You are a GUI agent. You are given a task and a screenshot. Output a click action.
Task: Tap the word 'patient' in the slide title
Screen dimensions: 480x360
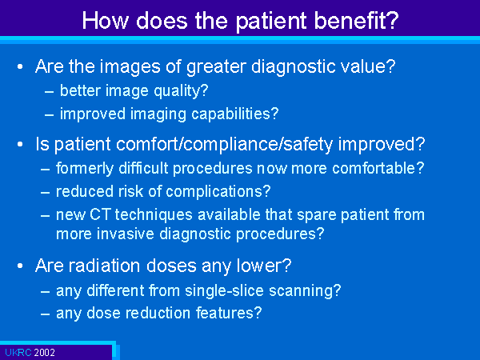pyautogui.click(x=271, y=22)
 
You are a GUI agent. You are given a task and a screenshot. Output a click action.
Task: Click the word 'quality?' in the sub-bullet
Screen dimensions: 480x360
pyautogui.click(x=181, y=91)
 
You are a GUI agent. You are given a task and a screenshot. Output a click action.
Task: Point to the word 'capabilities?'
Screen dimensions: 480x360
pyautogui.click(x=234, y=114)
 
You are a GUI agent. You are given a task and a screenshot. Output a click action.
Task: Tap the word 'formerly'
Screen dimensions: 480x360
pyautogui.click(x=85, y=169)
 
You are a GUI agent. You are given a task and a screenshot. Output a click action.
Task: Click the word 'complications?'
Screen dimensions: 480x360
pyautogui.click(x=218, y=192)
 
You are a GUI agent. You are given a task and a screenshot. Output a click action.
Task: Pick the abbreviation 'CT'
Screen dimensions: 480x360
pyautogui.click(x=100, y=214)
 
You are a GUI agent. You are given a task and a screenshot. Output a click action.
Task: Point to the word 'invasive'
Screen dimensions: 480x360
pyautogui.click(x=126, y=234)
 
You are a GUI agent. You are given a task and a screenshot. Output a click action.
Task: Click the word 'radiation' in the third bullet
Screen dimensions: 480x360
pyautogui.click(x=104, y=266)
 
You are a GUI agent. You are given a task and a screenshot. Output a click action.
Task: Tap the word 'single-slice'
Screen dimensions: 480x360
pyautogui.click(x=224, y=290)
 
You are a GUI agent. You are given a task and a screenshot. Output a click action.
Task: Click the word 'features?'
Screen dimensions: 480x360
pyautogui.click(x=229, y=313)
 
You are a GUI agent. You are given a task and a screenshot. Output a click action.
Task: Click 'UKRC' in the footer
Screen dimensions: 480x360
pyautogui.click(x=18, y=353)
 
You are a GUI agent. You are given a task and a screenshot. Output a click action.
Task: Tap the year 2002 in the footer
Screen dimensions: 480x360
pyautogui.click(x=44, y=353)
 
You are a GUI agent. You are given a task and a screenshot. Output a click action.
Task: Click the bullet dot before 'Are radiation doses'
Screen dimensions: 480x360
pyautogui.click(x=20, y=266)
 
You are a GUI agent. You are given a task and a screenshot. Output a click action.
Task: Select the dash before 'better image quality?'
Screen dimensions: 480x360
pyautogui.click(x=49, y=92)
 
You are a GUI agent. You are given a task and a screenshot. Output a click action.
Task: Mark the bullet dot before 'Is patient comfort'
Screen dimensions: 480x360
pyautogui.click(x=20, y=144)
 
